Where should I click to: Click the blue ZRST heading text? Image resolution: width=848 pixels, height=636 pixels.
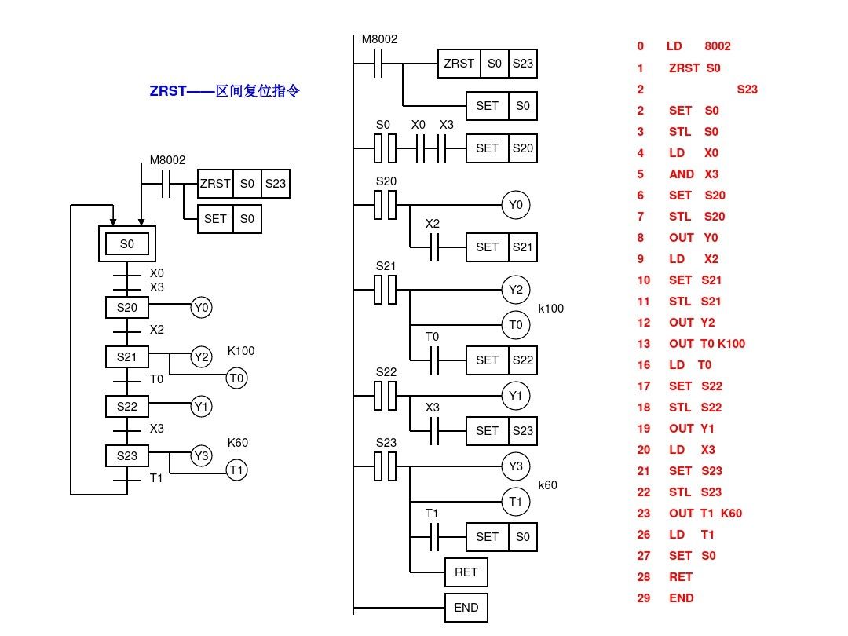225,91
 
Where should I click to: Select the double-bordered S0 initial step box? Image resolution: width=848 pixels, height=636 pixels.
127,244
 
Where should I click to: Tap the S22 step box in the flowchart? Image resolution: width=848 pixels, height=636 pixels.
127,407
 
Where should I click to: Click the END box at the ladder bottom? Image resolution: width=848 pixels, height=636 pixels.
466,607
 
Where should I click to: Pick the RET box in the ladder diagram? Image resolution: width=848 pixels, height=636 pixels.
466,572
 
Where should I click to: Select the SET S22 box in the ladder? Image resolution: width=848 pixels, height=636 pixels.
502,360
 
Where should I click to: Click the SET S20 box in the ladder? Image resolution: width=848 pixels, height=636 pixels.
502,148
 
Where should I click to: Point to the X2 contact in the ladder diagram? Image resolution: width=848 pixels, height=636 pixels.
433,247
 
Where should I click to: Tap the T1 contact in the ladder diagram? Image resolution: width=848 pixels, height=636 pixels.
433,537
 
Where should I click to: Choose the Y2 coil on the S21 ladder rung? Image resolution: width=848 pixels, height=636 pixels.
515,290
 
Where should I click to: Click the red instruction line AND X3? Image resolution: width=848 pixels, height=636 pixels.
693,174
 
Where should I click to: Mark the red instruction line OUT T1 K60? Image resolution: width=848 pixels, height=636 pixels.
705,514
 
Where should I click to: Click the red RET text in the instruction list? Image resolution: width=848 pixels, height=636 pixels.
681,576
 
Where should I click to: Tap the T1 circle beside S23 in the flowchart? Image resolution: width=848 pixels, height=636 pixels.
237,470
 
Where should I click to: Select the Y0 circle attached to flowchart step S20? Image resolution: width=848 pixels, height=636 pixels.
202,308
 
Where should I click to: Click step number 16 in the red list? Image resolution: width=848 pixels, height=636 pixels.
645,365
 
